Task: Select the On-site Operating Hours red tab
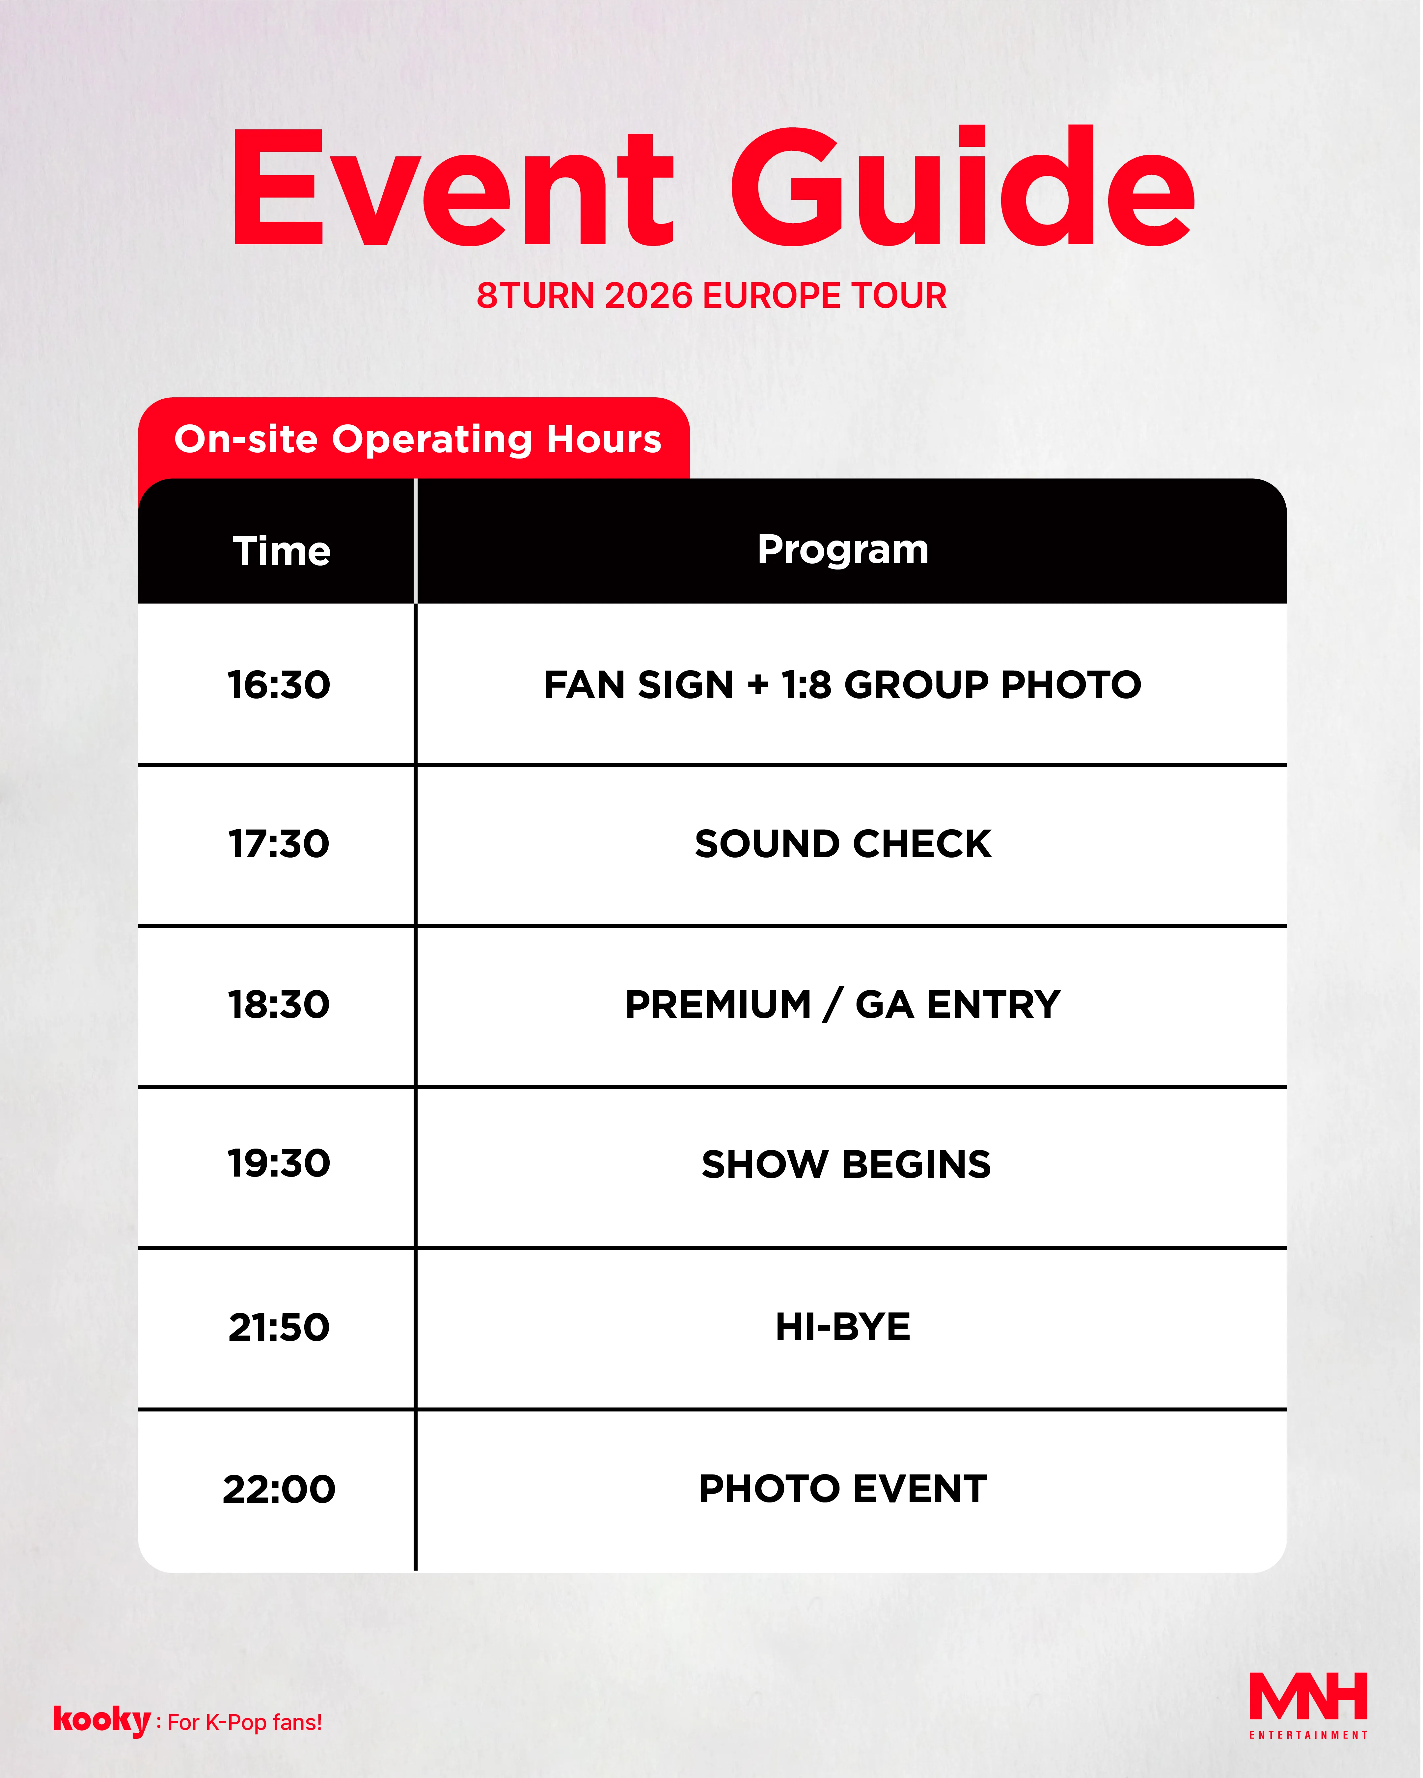(x=414, y=439)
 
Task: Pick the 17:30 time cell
(x=279, y=844)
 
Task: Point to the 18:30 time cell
(x=279, y=1005)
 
